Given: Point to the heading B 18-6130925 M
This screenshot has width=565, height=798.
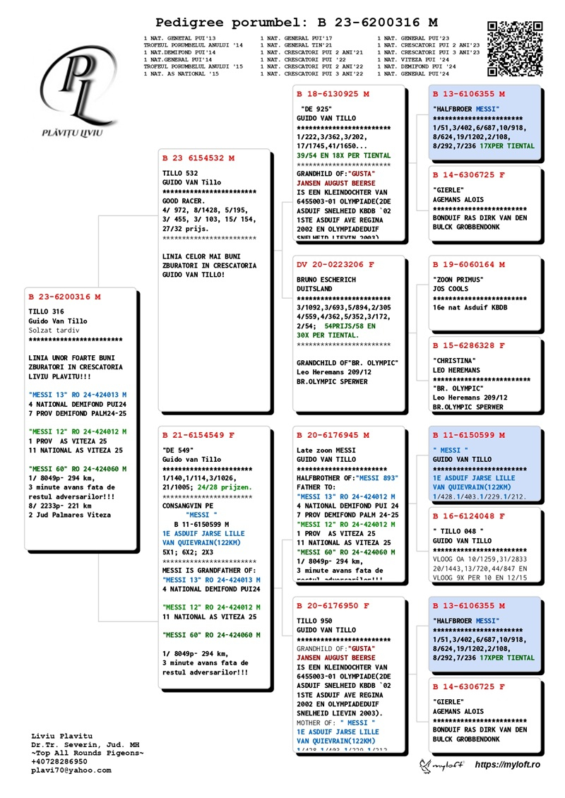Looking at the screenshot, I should pos(333,94).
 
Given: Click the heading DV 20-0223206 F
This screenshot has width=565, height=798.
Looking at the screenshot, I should pos(335,265).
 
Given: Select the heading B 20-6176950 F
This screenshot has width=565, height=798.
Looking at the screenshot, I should pos(333,606).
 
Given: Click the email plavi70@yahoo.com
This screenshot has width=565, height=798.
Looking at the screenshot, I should pos(71,770).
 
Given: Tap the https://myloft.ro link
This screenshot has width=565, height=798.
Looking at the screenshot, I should pos(507,765).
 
